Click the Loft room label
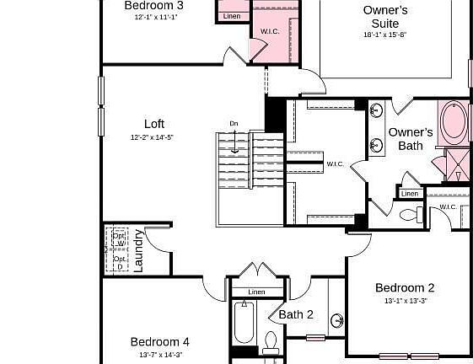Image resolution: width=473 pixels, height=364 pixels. [153, 124]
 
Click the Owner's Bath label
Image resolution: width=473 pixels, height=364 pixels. [411, 139]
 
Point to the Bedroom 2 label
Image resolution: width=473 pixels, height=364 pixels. [405, 287]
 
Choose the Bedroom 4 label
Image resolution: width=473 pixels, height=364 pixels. [160, 341]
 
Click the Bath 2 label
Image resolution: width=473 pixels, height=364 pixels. [296, 314]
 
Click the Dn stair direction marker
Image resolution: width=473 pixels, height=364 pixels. [234, 124]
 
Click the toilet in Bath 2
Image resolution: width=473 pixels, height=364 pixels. [271, 343]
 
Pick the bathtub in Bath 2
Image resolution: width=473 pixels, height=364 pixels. [244, 324]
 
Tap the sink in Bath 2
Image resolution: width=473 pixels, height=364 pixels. [336, 321]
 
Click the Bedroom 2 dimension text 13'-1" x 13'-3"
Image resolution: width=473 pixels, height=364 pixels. [405, 301]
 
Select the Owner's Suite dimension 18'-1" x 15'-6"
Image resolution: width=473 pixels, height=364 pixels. [385, 35]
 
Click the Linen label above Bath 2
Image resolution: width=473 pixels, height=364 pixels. [256, 292]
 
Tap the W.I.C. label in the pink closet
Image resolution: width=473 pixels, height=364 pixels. [270, 31]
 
